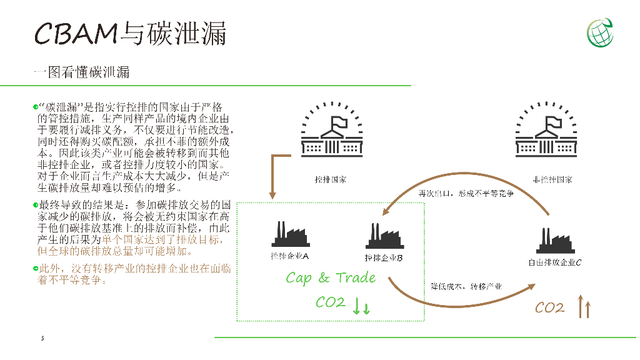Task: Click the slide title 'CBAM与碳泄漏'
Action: pyautogui.click(x=130, y=32)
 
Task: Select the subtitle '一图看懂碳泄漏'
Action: pyautogui.click(x=81, y=72)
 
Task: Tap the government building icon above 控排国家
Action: pyautogui.click(x=331, y=130)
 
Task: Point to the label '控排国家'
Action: pyautogui.click(x=330, y=180)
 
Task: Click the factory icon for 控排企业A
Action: pyautogui.click(x=289, y=235)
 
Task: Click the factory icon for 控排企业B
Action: pyautogui.click(x=383, y=235)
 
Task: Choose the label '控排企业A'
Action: pyautogui.click(x=289, y=256)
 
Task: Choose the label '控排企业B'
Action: pyautogui.click(x=383, y=257)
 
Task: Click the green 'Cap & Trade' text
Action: pyautogui.click(x=331, y=277)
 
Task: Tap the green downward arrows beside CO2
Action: pyautogui.click(x=362, y=307)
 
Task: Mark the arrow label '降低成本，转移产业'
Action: pyautogui.click(x=466, y=287)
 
